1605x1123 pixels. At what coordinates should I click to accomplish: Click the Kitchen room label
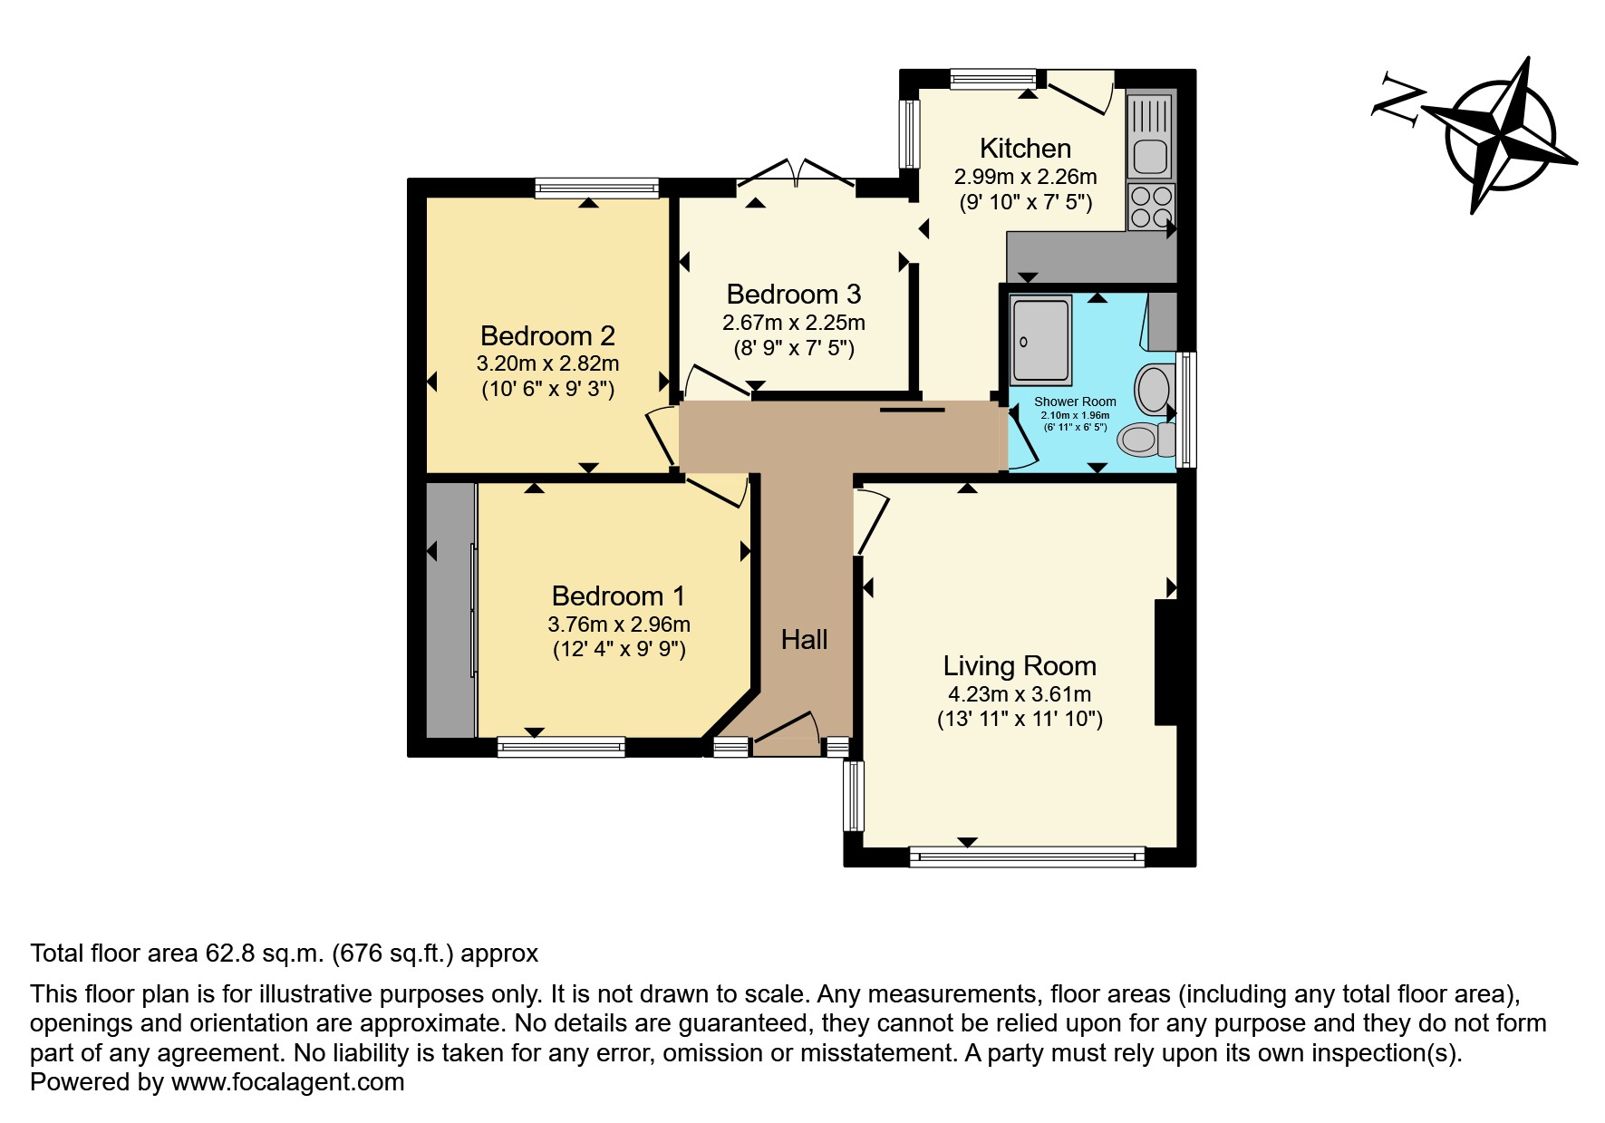pos(1025,148)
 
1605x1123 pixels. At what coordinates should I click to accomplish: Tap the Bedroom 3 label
pos(793,294)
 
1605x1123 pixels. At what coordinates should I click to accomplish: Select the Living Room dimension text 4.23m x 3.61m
pos(1020,694)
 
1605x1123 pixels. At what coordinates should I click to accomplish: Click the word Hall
pos(804,640)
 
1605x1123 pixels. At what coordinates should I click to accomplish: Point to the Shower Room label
pos(1075,402)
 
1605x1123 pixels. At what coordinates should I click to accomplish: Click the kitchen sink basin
pos(1150,157)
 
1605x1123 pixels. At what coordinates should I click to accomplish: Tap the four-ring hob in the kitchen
pos(1151,207)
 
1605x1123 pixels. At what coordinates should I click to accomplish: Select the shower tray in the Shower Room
pos(1040,338)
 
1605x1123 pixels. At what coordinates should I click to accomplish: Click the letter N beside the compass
pos(1396,100)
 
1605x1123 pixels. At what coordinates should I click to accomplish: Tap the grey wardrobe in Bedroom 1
pos(450,609)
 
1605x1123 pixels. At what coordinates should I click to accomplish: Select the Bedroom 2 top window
pos(596,188)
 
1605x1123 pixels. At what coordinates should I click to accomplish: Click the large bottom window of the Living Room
pos(1027,856)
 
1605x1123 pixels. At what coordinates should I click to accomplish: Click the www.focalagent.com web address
pos(287,1082)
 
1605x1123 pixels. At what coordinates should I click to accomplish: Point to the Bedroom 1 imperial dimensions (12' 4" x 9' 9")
pos(619,649)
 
